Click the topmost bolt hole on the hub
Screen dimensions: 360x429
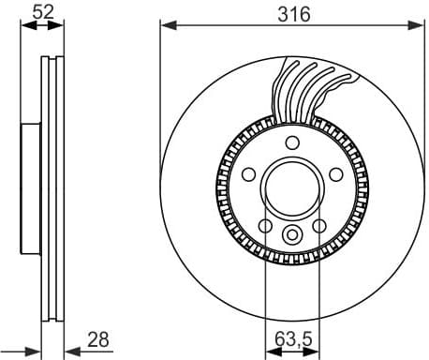coord(292,142)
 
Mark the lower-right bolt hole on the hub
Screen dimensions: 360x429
coord(318,225)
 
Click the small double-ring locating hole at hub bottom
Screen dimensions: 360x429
coord(292,235)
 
